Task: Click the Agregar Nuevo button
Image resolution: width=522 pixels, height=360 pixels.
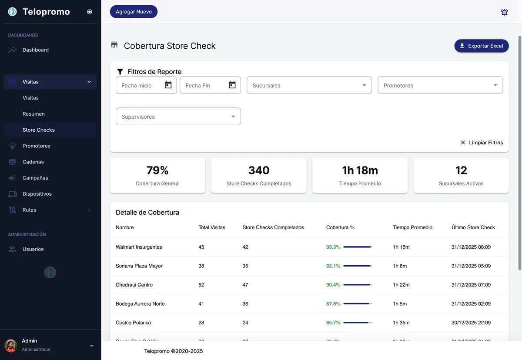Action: coord(134,12)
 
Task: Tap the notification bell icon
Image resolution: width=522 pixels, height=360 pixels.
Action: coord(504,12)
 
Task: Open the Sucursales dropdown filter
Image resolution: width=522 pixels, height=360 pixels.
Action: coord(309,85)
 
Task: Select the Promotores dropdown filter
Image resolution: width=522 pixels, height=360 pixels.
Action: coord(440,85)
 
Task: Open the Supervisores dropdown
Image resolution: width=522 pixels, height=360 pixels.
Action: coord(178,117)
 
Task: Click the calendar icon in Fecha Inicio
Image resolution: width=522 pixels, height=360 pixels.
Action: coord(168,85)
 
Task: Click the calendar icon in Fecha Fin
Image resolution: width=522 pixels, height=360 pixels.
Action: coord(232,85)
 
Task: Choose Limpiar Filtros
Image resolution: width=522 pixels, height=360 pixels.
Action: coord(482,143)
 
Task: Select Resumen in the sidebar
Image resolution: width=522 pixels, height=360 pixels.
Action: coord(33,114)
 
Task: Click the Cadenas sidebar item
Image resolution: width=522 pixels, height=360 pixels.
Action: coord(33,162)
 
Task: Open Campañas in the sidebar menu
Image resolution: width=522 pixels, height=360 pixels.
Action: coord(35,178)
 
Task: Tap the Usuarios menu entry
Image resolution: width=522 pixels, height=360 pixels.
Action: coord(33,249)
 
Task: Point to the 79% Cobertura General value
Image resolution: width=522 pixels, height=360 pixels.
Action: coord(157,170)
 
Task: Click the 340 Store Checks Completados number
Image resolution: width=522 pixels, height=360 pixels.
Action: coord(259,170)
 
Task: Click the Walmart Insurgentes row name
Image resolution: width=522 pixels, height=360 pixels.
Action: coord(139,247)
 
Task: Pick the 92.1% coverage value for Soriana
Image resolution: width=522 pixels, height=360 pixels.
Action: coord(333,266)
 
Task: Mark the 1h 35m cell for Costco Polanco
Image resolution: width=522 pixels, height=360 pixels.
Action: coord(401,323)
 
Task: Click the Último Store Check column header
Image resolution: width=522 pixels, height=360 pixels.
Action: coord(473,227)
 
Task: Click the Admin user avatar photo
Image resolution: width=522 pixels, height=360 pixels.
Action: coord(10,346)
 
